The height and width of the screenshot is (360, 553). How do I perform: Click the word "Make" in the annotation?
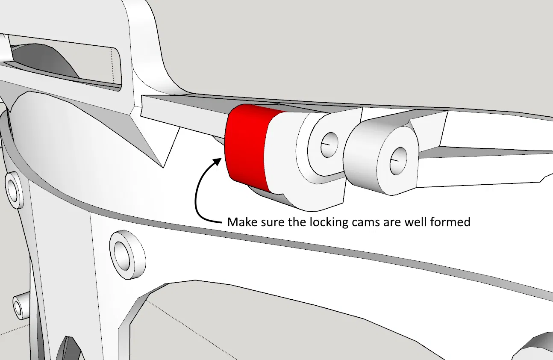242,222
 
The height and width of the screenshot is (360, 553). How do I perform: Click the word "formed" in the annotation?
450,222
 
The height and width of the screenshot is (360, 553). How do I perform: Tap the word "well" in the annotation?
416,222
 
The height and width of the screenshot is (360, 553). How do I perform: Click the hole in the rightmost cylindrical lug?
398,161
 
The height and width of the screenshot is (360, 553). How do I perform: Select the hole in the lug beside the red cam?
329,145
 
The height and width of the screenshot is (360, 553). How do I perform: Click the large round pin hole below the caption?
122,256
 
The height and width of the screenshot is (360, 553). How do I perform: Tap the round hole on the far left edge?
12,191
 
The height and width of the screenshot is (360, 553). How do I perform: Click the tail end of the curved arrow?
221,222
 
